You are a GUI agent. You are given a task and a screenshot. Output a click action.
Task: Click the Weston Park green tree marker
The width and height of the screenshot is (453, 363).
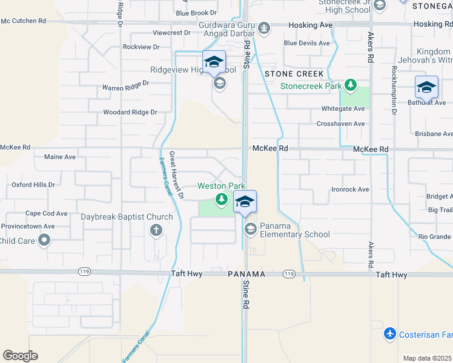click(x=222, y=199)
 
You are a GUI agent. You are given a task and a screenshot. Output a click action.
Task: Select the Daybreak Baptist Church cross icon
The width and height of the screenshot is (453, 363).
click(x=156, y=229)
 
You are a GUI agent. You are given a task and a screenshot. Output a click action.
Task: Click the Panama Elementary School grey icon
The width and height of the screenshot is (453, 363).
click(x=250, y=229)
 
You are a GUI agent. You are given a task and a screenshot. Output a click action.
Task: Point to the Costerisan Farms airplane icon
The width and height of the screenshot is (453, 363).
click(x=390, y=334)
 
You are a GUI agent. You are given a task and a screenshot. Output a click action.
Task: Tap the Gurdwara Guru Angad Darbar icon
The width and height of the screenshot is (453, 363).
click(x=264, y=27)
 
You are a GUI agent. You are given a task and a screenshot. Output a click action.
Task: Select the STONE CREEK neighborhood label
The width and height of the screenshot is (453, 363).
click(x=294, y=74)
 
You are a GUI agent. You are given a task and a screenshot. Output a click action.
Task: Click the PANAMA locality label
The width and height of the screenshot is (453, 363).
click(x=247, y=274)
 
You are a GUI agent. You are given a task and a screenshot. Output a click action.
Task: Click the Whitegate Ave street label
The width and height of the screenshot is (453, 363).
click(x=343, y=108)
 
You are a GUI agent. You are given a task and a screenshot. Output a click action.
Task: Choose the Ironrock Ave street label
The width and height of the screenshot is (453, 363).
click(x=350, y=189)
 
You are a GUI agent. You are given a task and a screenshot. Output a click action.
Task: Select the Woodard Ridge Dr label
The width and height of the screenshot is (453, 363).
click(x=130, y=112)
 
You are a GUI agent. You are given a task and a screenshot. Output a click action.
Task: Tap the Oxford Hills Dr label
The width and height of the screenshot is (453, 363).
click(x=33, y=185)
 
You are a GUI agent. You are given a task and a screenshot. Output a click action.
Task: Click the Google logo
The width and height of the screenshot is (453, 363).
click(x=20, y=356)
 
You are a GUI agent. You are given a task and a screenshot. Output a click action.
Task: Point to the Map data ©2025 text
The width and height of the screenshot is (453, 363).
click(x=427, y=358)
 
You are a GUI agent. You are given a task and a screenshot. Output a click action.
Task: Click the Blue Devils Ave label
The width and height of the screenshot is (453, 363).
click(x=306, y=43)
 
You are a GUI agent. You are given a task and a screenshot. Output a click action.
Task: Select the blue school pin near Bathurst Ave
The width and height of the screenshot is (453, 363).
click(x=426, y=87)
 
